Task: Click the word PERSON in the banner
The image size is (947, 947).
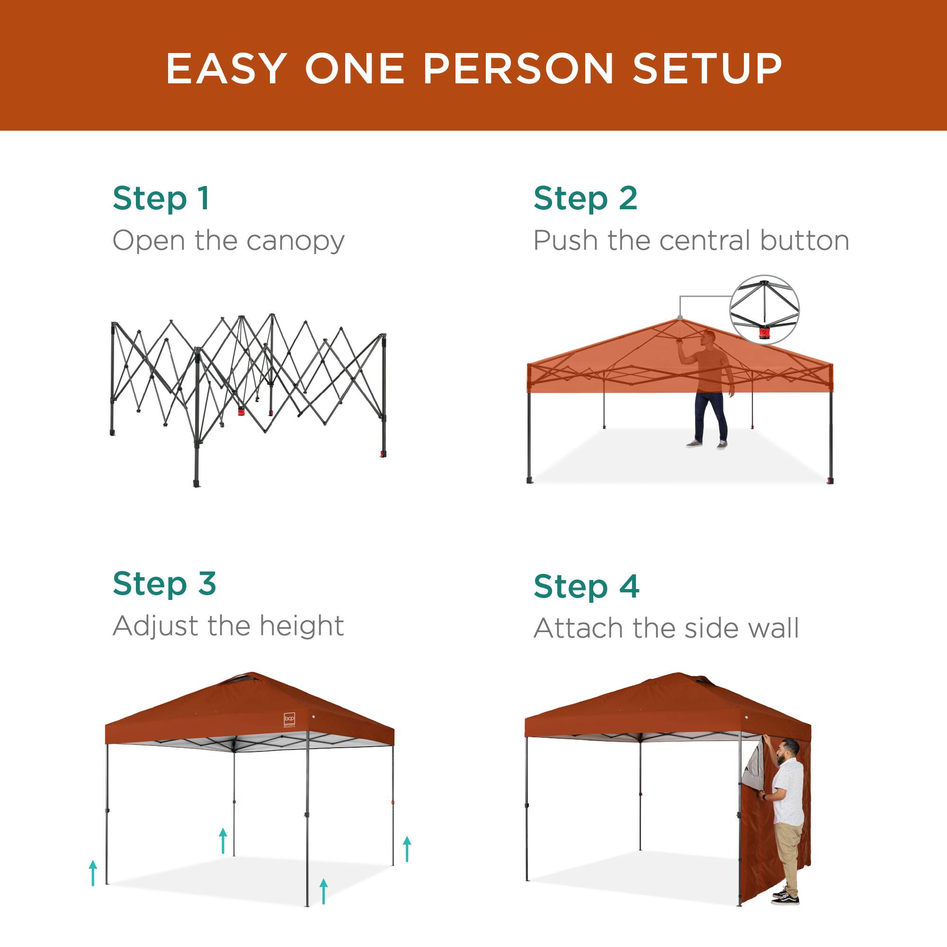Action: tap(518, 69)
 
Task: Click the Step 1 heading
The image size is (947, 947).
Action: tap(161, 198)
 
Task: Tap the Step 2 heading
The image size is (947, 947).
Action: tap(585, 198)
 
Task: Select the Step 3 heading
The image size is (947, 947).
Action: tap(164, 584)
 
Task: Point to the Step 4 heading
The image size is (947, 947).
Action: tap(586, 587)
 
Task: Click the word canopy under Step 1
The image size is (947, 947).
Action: tap(295, 241)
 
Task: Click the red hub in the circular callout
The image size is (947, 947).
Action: tap(764, 334)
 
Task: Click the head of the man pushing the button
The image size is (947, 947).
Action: tap(708, 337)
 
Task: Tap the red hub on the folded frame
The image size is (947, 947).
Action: tap(241, 410)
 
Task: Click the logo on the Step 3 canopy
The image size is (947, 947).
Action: tap(290, 719)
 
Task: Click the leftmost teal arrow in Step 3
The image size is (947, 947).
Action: tap(93, 873)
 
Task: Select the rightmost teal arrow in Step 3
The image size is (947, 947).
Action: tap(407, 849)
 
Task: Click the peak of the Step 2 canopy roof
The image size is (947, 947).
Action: tap(680, 319)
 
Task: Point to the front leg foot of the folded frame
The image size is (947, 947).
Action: tap(197, 483)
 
